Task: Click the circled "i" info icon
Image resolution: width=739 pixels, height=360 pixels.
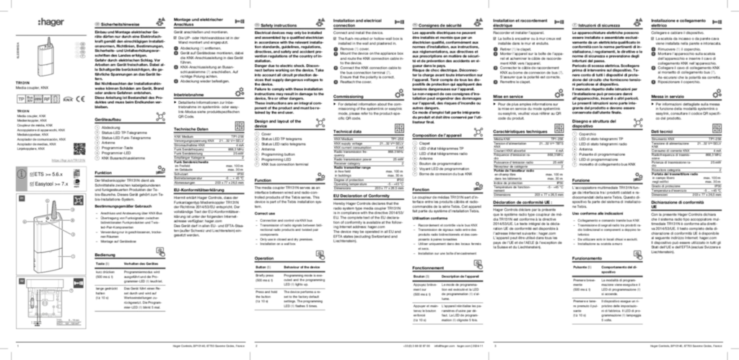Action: click(22, 174)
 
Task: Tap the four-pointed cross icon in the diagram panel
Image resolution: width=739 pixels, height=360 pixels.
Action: click(79, 201)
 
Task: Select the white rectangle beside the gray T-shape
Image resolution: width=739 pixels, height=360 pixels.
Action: click(75, 51)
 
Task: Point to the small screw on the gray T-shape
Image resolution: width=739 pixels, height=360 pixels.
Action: click(49, 43)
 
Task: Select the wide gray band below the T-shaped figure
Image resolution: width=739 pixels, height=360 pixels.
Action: click(48, 97)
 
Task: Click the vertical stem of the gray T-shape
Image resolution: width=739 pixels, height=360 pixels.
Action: click(45, 61)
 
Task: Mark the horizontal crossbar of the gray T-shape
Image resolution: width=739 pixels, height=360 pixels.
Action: click(51, 34)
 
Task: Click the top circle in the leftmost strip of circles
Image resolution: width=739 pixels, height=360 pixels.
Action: click(97, 128)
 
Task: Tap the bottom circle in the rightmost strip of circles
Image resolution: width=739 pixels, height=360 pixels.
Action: click(574, 166)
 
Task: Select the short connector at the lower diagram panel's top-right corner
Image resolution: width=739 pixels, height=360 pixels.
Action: click(78, 282)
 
